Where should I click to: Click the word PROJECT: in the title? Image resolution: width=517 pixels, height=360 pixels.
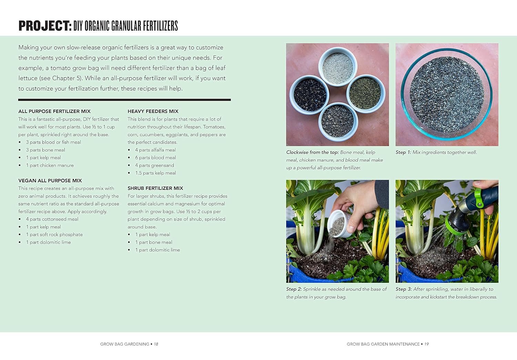[x=45, y=26]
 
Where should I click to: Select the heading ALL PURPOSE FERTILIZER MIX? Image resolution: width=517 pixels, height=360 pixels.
[x=54, y=111]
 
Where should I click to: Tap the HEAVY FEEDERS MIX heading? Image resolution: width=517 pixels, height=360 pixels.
[x=153, y=111]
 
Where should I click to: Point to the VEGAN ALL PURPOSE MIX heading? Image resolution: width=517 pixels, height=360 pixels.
[x=50, y=181]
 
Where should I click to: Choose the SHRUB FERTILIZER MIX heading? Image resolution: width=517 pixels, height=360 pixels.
[x=155, y=188]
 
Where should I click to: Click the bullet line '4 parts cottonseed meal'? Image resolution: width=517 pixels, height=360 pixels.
[x=52, y=219]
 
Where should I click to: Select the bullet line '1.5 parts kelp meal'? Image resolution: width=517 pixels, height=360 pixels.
[x=155, y=173]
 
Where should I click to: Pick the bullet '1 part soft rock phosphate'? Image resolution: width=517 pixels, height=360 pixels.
[x=54, y=235]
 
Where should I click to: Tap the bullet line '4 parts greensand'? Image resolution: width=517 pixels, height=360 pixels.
[x=155, y=165]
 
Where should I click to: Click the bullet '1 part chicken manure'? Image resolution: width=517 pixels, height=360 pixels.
[x=50, y=165]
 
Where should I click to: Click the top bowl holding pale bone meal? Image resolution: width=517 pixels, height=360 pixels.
[x=338, y=66]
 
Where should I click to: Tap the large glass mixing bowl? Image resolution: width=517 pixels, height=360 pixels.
[x=447, y=94]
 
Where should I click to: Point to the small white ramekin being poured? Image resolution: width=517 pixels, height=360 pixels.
[x=339, y=225]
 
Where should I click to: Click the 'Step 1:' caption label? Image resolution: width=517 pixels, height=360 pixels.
[x=403, y=152]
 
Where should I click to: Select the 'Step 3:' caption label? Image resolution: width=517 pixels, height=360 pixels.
[x=404, y=289]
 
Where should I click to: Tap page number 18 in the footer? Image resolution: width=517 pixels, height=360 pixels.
[x=156, y=344]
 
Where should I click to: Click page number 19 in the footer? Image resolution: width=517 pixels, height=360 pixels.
[x=427, y=344]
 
